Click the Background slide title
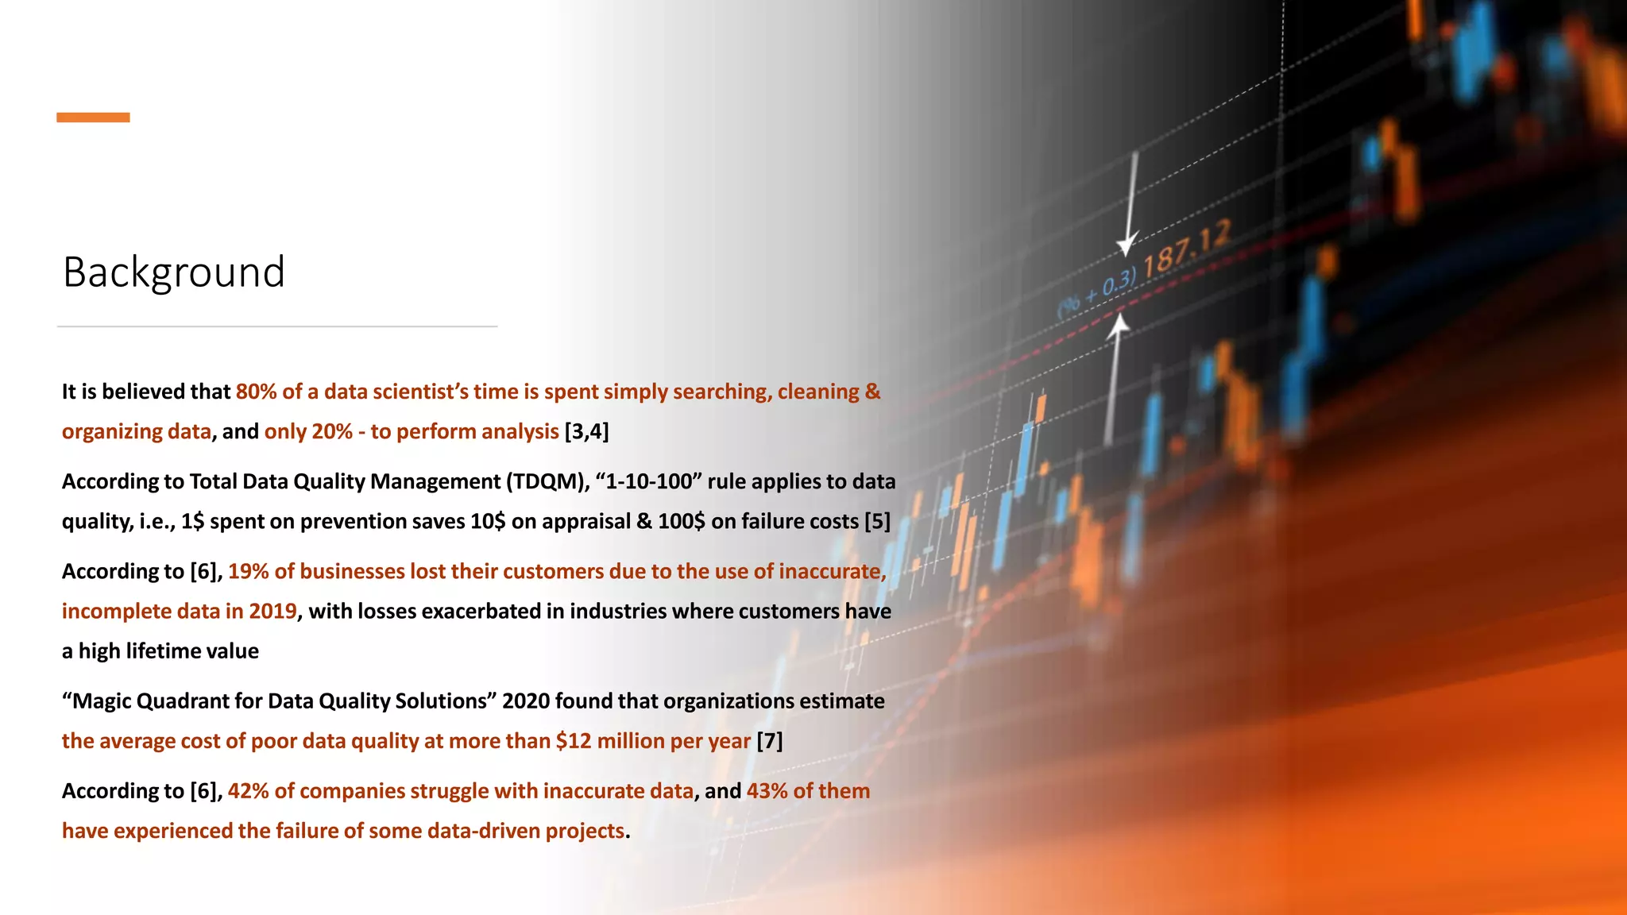[x=173, y=272]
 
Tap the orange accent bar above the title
[x=93, y=118]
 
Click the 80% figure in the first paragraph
[x=255, y=392]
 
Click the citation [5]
[x=877, y=521]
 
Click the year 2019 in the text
[x=272, y=611]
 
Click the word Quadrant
[x=176, y=701]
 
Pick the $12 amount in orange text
[x=574, y=740]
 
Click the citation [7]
[x=769, y=740]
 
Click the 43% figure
[x=767, y=790]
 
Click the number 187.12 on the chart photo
[x=1187, y=248]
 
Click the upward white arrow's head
[x=1119, y=324]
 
